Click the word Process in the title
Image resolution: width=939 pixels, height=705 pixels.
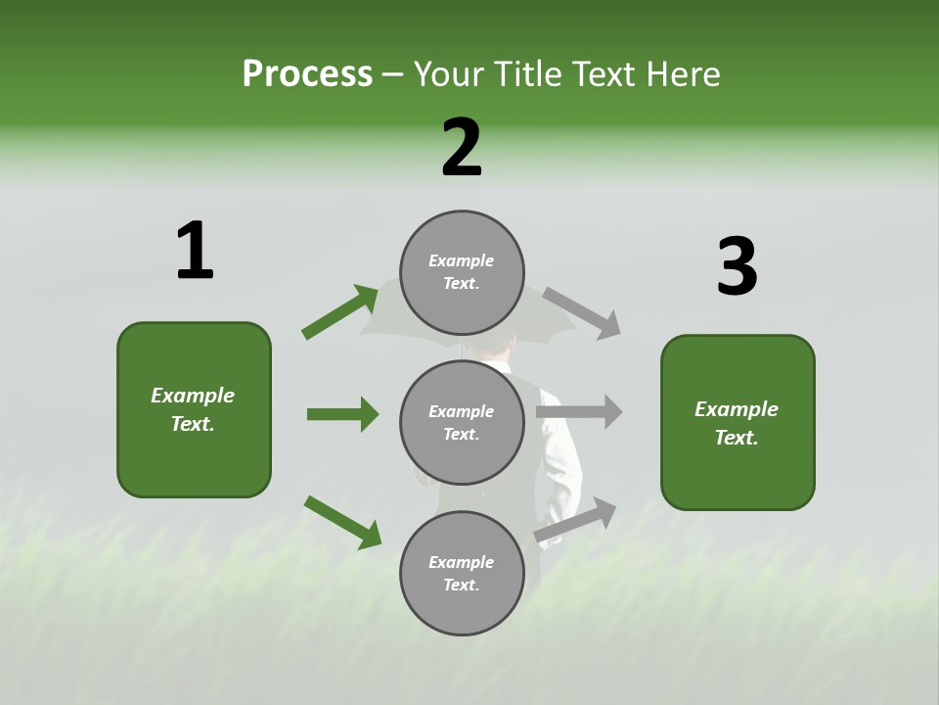(307, 74)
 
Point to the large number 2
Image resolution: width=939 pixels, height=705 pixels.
(462, 148)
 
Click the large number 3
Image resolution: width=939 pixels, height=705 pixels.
(737, 267)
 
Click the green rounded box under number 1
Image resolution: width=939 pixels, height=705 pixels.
(194, 409)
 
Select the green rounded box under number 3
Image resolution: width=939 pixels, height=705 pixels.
(738, 423)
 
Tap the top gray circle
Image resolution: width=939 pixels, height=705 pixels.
(462, 272)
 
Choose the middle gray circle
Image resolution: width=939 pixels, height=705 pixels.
(462, 422)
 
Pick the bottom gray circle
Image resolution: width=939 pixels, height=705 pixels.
(462, 573)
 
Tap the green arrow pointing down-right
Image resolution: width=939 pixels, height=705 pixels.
(342, 521)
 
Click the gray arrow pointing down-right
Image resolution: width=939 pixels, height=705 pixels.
(582, 312)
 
